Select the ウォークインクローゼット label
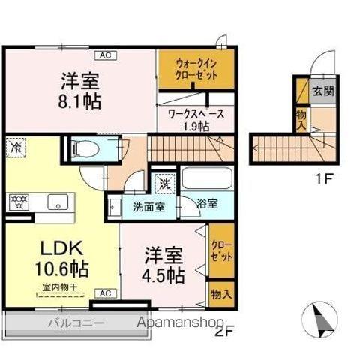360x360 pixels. (x=197, y=70)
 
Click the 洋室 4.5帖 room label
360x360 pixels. (x=164, y=265)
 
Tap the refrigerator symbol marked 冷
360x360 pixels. (x=15, y=148)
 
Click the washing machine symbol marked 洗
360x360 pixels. (x=163, y=182)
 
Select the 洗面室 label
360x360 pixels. (x=148, y=208)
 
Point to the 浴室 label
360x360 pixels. (x=207, y=202)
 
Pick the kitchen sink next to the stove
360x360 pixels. (x=57, y=202)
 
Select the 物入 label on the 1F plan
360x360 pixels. (x=301, y=119)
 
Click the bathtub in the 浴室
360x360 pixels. (x=207, y=180)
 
